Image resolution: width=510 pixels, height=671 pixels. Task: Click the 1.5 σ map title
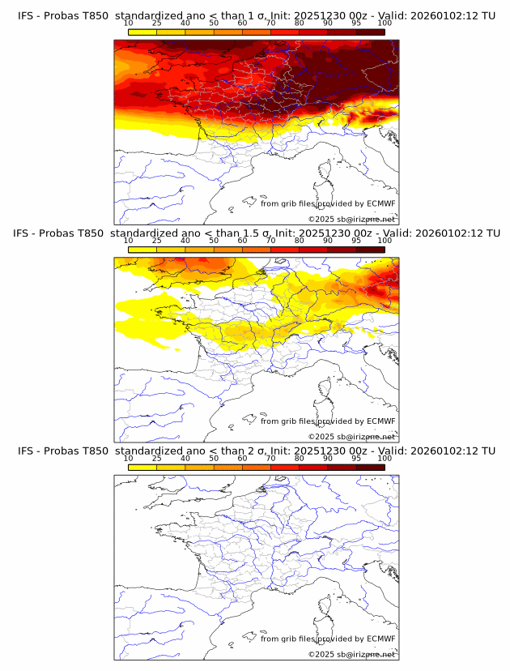point(256,233)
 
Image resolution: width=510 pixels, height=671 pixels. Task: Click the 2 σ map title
point(256,451)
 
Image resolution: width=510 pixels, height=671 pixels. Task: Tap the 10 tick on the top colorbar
point(129,24)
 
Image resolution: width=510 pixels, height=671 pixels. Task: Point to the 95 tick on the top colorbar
point(356,24)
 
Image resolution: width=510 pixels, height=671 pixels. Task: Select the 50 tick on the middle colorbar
point(214,241)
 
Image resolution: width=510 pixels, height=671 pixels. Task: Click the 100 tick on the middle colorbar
point(385,241)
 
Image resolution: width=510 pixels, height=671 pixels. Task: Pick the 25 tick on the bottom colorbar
point(157,459)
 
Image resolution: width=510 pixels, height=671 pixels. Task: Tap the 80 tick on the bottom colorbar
point(300,459)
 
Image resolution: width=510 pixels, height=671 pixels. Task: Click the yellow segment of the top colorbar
point(142,32)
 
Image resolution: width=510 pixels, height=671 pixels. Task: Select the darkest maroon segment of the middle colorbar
point(370,249)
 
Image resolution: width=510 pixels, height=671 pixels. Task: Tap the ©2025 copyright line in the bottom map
point(352,654)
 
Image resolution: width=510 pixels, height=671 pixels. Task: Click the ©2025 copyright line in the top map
point(352,219)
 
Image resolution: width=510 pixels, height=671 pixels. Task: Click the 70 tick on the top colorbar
point(271,24)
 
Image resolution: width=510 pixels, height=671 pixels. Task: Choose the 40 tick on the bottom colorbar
point(185,459)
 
